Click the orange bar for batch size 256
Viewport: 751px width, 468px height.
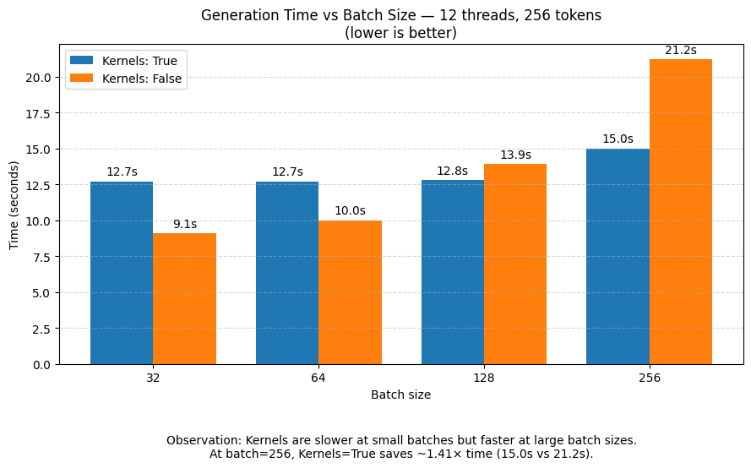coord(680,211)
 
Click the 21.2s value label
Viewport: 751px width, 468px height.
coord(680,51)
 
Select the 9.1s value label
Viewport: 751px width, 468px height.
coord(184,225)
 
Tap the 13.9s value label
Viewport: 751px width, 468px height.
coord(515,155)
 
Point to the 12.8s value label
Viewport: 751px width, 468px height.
coord(452,171)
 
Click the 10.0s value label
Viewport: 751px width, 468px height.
coord(350,211)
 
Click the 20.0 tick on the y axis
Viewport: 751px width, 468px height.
coord(39,78)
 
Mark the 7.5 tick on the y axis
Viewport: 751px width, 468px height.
coord(42,257)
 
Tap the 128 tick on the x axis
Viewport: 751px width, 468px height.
coord(484,378)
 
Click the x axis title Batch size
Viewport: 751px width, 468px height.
coord(400,395)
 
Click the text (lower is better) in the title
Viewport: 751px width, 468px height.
coord(400,33)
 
